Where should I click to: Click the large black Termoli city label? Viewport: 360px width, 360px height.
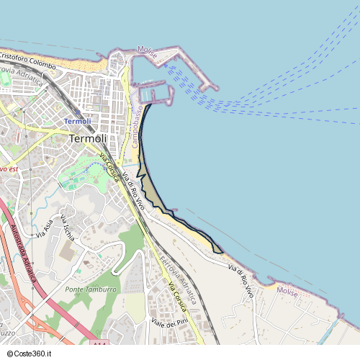[88, 138]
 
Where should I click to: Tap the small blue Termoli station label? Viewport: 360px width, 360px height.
[78, 122]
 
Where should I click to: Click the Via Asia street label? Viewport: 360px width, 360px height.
[45, 228]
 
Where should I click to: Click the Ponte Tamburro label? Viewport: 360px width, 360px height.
[91, 289]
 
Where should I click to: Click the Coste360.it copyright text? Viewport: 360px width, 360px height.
[27, 354]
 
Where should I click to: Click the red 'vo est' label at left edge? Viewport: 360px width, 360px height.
[8, 168]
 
